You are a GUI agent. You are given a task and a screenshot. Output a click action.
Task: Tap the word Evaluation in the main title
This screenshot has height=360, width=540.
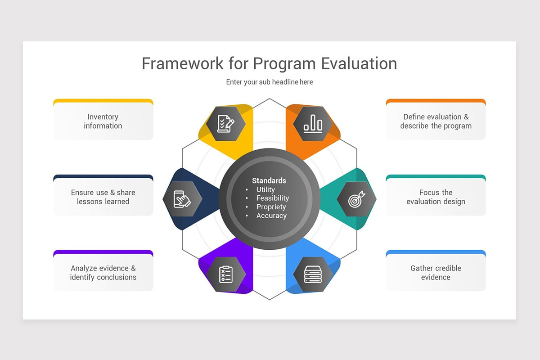point(359,63)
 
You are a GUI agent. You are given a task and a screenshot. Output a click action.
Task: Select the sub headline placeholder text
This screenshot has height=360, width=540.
point(270,82)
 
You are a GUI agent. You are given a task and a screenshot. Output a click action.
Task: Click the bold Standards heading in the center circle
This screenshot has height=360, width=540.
point(269,180)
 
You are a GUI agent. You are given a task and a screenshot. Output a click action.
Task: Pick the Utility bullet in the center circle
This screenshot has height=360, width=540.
point(265,189)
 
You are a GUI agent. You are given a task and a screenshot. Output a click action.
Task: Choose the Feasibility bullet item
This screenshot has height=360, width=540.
point(273,198)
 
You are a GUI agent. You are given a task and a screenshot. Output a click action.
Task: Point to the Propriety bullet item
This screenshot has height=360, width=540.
point(271,207)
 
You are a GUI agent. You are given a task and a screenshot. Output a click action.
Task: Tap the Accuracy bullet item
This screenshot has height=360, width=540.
point(271,216)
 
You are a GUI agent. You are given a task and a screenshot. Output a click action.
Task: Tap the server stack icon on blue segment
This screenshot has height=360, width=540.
point(313,274)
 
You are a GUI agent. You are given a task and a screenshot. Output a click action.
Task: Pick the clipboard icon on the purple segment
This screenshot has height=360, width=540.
point(226,274)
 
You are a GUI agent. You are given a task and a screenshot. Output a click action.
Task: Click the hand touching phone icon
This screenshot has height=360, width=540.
point(182,199)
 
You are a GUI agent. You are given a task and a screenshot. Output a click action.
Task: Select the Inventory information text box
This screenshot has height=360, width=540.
point(103,121)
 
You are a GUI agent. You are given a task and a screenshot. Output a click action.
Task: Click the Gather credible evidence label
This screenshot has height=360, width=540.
point(436,273)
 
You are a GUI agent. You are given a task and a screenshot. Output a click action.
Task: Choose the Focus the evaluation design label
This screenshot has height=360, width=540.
point(436,197)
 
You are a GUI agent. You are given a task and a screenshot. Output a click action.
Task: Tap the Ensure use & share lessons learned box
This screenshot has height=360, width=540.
point(103,197)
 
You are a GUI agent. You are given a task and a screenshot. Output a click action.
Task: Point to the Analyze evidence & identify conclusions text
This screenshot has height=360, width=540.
point(103,273)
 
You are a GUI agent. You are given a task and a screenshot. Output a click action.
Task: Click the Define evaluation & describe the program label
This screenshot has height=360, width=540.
point(436,121)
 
